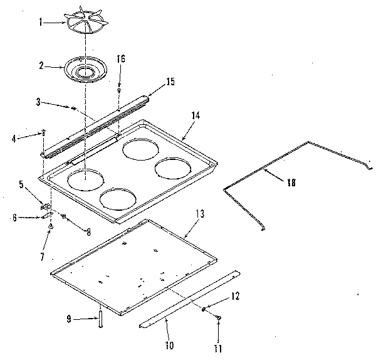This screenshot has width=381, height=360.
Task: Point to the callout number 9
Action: [70, 319]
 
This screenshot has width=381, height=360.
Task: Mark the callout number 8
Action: [88, 231]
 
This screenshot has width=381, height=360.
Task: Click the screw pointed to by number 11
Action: [218, 319]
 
